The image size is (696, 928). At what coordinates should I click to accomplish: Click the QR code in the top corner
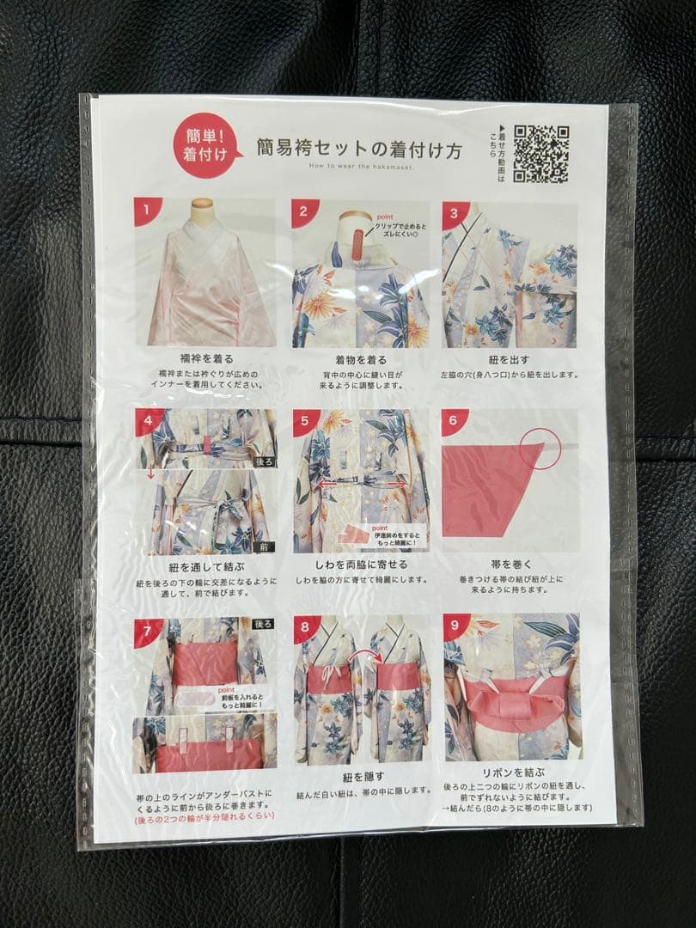pos(541,154)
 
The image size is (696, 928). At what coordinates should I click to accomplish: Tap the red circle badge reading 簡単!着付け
pos(199,147)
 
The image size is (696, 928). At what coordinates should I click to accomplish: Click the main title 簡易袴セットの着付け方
pos(359,149)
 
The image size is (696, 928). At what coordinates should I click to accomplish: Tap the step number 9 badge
pos(456,627)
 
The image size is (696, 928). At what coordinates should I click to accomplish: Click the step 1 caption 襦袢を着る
pos(205,358)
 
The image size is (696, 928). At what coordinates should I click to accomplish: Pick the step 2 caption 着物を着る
pos(360,360)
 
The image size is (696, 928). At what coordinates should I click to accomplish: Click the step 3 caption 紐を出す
pos(510,360)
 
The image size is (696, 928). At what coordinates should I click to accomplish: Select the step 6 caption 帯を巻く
pos(510,565)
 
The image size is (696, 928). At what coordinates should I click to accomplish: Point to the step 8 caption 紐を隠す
pos(361,777)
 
